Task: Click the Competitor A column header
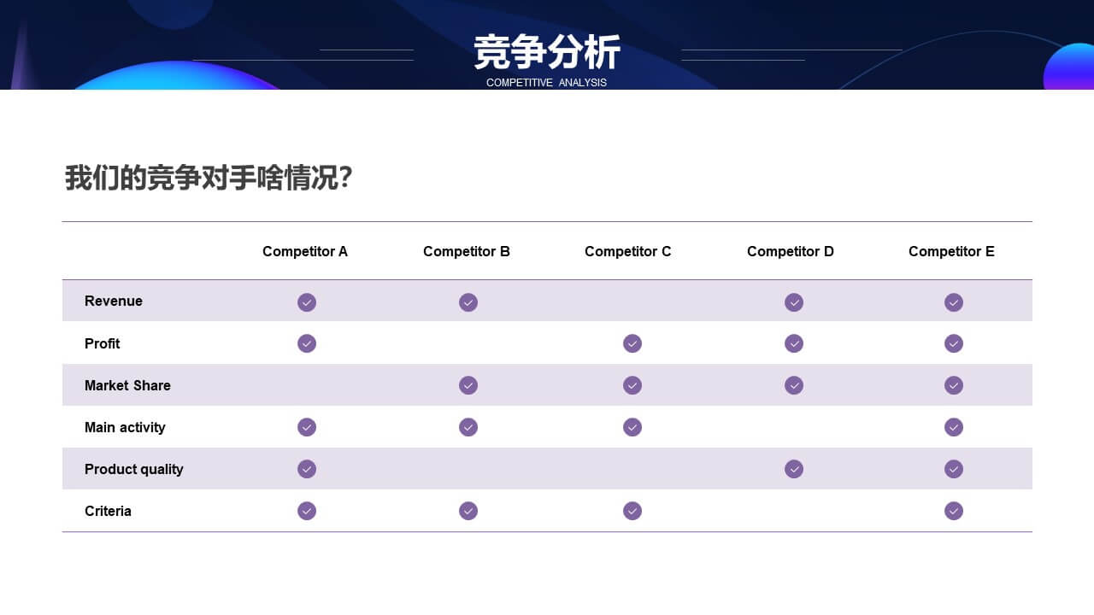coord(305,251)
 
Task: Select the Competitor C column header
coord(627,251)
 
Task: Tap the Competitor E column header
coord(951,251)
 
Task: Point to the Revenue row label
coord(114,302)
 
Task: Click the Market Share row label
coord(127,385)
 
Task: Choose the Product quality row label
coord(134,470)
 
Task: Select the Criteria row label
coord(108,511)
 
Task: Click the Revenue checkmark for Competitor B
coord(468,302)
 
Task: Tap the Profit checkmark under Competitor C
coord(632,343)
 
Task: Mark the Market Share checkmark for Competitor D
coord(794,385)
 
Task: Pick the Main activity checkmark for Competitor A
coord(307,428)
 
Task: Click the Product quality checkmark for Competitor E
coord(954,470)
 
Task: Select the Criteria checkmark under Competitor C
coord(632,511)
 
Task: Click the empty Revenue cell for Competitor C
coord(632,302)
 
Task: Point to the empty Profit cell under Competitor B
coord(468,343)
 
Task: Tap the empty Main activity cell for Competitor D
coord(794,427)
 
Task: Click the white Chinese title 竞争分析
coord(547,52)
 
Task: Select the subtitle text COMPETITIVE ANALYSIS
coord(546,83)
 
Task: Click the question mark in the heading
coord(345,177)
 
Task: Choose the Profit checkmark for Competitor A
coord(307,343)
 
